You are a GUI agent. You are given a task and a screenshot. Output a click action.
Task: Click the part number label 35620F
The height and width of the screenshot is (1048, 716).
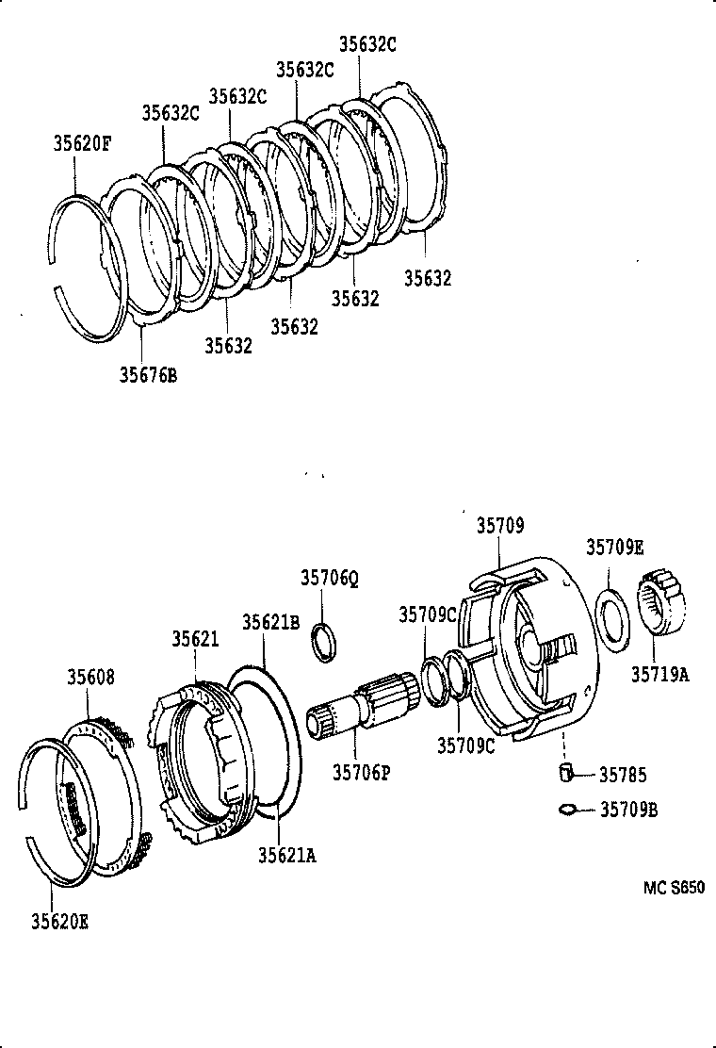82,143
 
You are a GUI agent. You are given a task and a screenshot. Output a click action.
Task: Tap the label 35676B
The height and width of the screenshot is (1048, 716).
148,375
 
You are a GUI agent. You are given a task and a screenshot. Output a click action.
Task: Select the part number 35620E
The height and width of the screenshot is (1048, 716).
59,922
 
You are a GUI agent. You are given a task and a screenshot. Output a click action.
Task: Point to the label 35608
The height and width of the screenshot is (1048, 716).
90,676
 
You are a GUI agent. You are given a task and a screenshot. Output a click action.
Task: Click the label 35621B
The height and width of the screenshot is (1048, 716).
270,622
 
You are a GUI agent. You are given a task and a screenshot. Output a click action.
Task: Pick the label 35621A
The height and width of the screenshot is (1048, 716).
287,854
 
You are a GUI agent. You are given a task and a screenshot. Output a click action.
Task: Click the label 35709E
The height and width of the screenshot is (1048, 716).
615,548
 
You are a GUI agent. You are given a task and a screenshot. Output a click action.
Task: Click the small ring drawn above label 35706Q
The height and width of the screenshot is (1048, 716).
323,640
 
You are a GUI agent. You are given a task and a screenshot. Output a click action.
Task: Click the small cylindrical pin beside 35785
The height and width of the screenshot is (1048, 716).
565,775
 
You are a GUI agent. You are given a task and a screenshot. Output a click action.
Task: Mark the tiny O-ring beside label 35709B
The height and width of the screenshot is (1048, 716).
567,808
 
